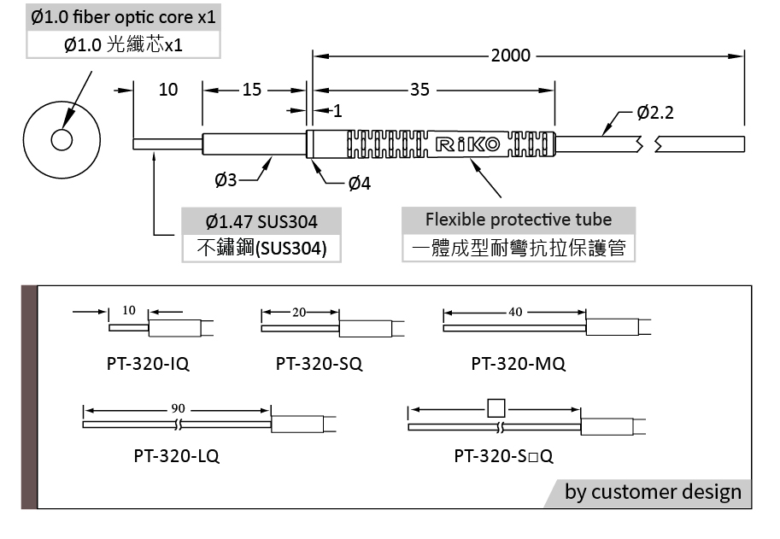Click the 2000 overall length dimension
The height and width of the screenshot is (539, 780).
[x=511, y=56]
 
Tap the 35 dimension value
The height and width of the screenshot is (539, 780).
[x=420, y=90]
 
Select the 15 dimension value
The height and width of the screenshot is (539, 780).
[x=252, y=90]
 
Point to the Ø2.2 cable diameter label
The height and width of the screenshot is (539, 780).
[x=656, y=113]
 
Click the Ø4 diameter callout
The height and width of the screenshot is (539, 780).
[x=360, y=183]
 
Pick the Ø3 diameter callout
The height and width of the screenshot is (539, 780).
[x=226, y=179]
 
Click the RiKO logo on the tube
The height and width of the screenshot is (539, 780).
[x=467, y=144]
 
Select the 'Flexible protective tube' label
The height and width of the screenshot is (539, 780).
[x=519, y=219]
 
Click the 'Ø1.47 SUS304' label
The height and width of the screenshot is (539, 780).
[x=261, y=222]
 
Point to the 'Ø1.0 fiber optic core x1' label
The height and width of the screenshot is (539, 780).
[x=123, y=17]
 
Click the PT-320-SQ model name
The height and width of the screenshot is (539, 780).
[x=319, y=364]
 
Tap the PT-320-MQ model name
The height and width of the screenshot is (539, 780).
[x=518, y=364]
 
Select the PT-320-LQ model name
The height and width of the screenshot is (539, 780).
[x=176, y=455]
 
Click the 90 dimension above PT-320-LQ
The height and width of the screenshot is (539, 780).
[x=178, y=408]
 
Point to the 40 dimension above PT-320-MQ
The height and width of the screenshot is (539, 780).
[x=514, y=312]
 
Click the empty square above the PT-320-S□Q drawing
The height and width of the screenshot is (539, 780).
[x=496, y=407]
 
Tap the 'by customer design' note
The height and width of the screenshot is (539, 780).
[x=653, y=492]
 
